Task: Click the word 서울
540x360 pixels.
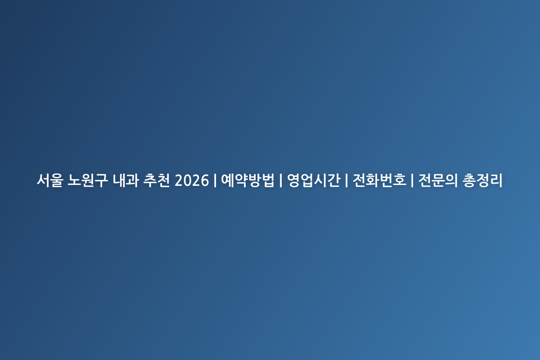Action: coord(50,180)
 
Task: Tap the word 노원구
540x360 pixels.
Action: coord(87,180)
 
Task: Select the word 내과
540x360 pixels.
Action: coord(126,180)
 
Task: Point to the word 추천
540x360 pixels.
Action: coord(157,180)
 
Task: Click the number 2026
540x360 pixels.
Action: coord(192,180)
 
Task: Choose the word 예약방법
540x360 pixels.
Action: coord(247,180)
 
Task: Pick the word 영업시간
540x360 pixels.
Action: coord(314,180)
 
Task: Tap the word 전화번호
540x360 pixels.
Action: coord(379,180)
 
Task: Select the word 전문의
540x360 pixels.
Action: coord(438,180)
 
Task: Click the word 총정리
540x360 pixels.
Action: coord(482,180)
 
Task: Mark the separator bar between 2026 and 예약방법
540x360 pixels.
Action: coord(215,180)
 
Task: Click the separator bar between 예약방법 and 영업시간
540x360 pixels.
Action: coord(281,180)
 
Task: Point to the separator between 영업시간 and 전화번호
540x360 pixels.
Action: coord(346,180)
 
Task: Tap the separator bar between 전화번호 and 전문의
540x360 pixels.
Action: coord(412,180)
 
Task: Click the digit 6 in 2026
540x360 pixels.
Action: coord(205,180)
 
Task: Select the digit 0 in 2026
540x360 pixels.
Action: coord(187,180)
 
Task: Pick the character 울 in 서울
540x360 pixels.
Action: coord(57,180)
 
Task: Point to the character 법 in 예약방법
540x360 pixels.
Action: coord(268,180)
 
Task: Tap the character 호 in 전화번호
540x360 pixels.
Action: coord(400,180)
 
